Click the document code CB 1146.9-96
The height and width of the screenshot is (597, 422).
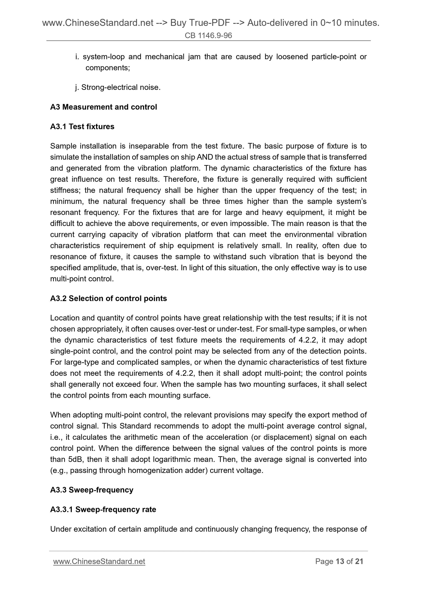click(x=208, y=36)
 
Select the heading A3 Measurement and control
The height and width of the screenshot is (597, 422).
click(x=103, y=107)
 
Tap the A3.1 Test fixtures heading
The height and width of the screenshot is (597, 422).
click(x=82, y=126)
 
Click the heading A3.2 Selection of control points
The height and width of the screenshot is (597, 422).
click(x=108, y=298)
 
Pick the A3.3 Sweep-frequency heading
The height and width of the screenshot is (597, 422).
click(x=92, y=490)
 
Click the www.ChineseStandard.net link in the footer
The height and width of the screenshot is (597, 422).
click(x=99, y=561)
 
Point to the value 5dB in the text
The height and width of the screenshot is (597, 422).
click(x=75, y=459)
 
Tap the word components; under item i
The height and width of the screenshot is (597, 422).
click(x=108, y=68)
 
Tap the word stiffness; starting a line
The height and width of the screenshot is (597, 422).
click(x=66, y=190)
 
